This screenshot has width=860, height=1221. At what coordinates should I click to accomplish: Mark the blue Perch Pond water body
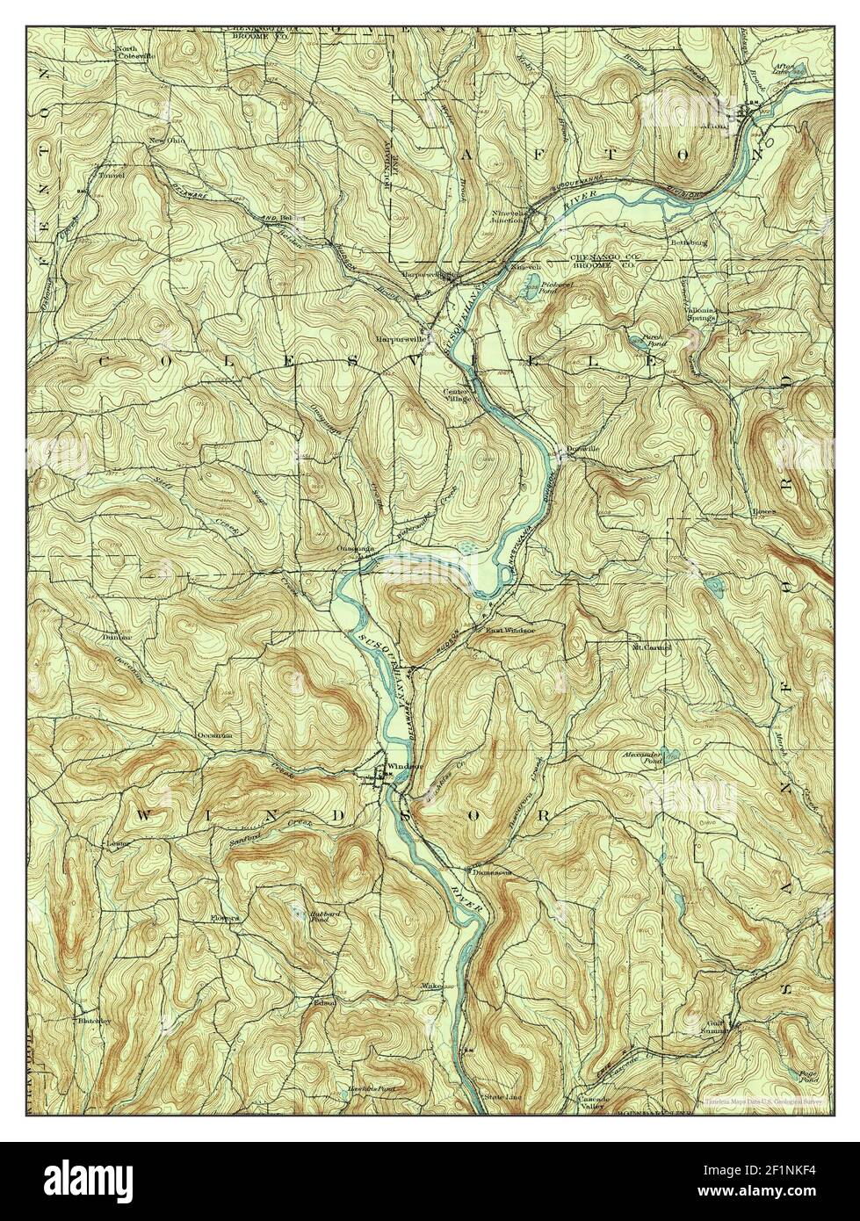pyautogui.click(x=635, y=336)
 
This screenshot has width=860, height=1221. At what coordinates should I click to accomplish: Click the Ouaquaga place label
pyautogui.click(x=357, y=548)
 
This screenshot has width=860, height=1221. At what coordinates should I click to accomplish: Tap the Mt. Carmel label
pyautogui.click(x=652, y=648)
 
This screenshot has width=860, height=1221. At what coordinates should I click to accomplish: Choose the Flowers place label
pyautogui.click(x=225, y=919)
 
